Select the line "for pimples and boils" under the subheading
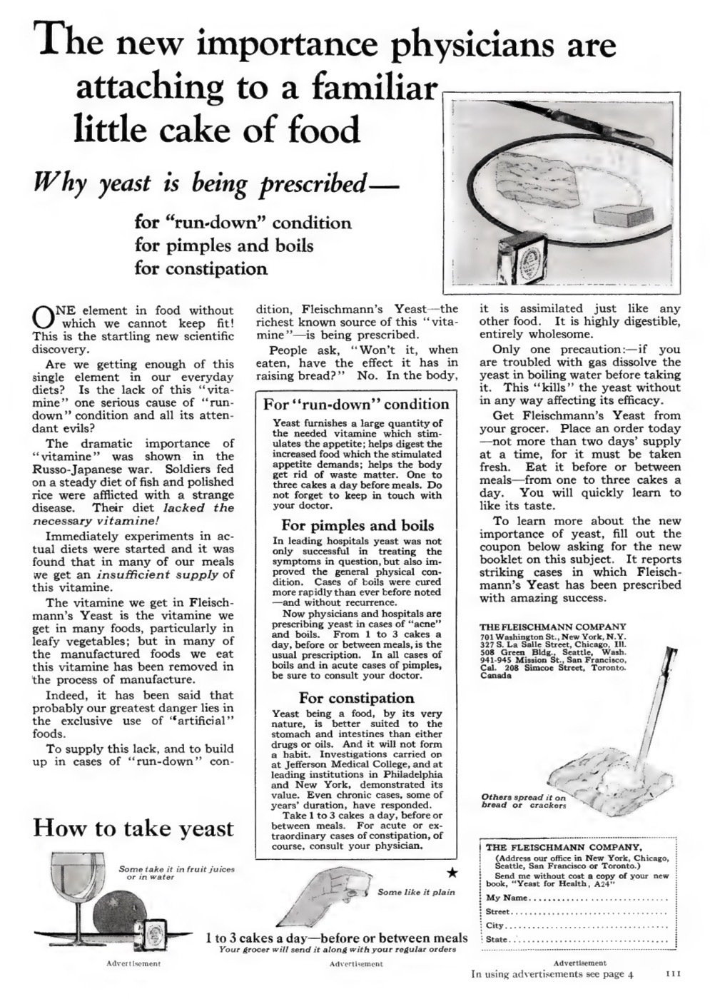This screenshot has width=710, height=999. pyautogui.click(x=224, y=245)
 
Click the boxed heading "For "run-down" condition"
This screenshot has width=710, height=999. pyautogui.click(x=355, y=404)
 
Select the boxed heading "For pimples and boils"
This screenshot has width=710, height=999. pyautogui.click(x=357, y=526)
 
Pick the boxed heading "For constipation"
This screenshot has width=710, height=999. pyautogui.click(x=356, y=698)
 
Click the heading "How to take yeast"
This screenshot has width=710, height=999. pyautogui.click(x=133, y=828)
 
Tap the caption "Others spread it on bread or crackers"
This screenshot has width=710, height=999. pyautogui.click(x=523, y=801)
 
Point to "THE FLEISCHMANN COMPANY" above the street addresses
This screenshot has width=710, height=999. pyautogui.click(x=552, y=627)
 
